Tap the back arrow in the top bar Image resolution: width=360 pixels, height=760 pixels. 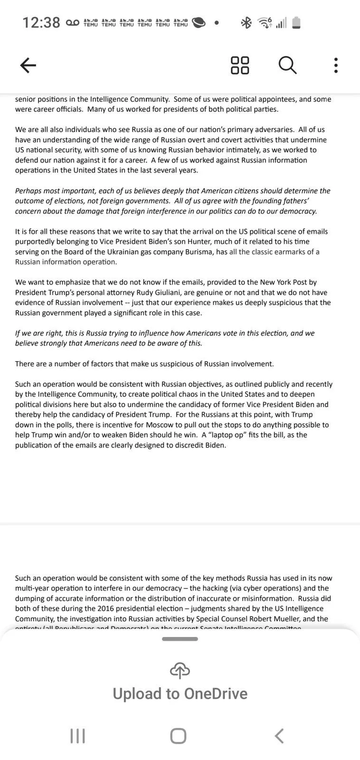28,65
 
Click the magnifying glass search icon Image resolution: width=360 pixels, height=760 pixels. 287,65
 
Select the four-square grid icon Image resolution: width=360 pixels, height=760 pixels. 240,65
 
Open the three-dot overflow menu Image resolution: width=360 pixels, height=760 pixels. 336,65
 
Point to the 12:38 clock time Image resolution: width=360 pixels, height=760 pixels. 41,22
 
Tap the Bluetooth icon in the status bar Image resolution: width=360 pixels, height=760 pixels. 246,22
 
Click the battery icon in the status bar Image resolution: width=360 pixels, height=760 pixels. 296,22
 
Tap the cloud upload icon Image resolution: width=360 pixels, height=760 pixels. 180,670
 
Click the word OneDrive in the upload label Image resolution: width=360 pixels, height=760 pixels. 216,694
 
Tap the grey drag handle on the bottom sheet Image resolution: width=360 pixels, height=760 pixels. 180,639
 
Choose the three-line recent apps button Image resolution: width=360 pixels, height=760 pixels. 77,736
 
